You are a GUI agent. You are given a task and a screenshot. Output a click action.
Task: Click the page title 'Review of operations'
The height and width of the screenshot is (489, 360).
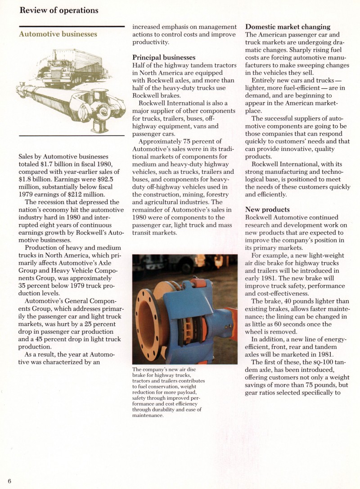point(58,10)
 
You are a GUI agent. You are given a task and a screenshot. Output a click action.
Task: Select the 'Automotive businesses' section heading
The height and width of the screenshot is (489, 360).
point(58,34)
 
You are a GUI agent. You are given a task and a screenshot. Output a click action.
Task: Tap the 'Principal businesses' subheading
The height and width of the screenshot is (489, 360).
point(164,58)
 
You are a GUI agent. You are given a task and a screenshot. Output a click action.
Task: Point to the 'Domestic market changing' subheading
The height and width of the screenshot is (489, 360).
point(288,27)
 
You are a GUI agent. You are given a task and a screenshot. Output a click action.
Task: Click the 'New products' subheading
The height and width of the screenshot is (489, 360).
point(267,209)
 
